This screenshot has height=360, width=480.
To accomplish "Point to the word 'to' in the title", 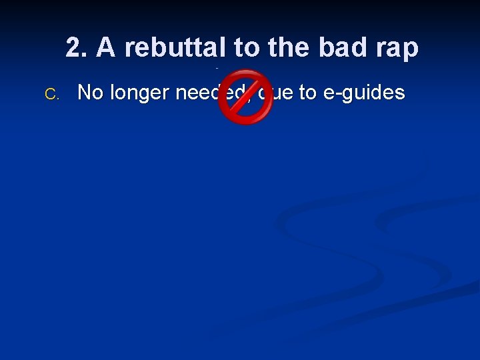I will click(x=247, y=47).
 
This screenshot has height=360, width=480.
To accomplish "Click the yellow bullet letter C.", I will click(x=51, y=94).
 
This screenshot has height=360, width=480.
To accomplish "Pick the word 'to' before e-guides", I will click(x=307, y=93).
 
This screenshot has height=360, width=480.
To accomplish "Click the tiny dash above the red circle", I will click(x=217, y=68).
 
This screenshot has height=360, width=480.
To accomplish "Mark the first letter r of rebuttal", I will click(x=131, y=49).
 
